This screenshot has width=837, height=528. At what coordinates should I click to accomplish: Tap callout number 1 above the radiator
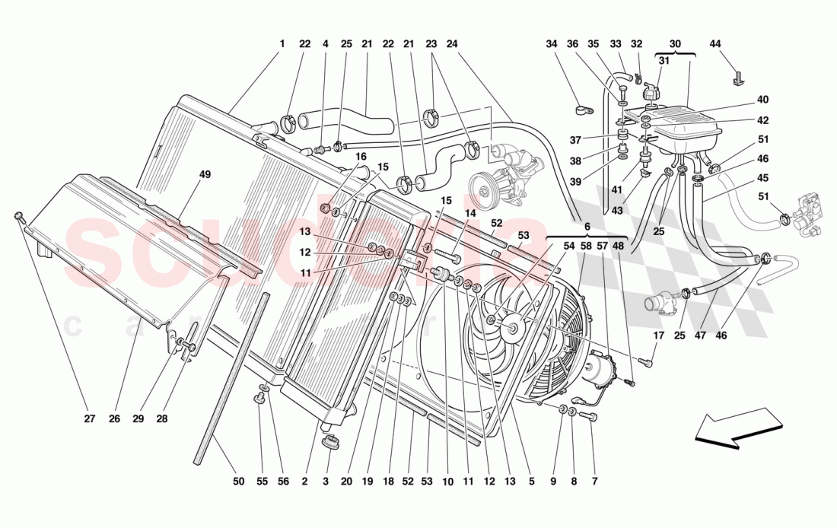282,44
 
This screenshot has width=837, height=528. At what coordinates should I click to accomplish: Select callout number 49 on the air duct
205,174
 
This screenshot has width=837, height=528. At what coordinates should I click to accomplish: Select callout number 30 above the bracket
675,44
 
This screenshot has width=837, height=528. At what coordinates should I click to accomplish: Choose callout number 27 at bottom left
89,418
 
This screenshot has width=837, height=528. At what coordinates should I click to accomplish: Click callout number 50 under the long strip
238,481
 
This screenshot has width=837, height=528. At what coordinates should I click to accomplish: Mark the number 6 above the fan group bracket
587,227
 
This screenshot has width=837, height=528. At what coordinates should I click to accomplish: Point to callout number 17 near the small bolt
658,336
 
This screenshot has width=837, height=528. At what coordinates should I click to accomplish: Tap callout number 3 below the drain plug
325,481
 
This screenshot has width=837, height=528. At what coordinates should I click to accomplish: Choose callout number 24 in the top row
452,44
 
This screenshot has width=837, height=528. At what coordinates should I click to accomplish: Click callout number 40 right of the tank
762,100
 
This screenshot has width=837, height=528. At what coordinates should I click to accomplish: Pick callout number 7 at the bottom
594,481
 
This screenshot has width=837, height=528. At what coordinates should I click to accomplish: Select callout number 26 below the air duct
114,418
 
